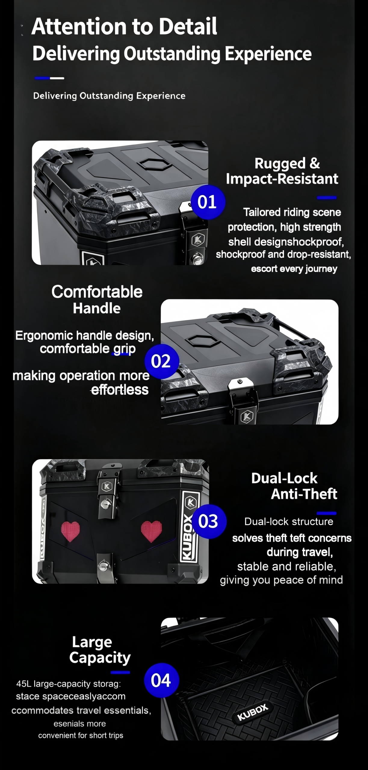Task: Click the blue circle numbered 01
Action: tap(208, 202)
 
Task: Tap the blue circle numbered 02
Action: tap(162, 361)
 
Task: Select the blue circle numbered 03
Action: tap(209, 521)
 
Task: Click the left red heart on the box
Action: tap(70, 531)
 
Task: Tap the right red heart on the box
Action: tap(151, 531)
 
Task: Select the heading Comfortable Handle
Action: tap(97, 300)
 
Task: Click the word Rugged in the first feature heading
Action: tap(280, 164)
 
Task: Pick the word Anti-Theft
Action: tap(304, 494)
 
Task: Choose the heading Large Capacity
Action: tap(100, 650)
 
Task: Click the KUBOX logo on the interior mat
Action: tap(252, 713)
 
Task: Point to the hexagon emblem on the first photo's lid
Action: tap(155, 165)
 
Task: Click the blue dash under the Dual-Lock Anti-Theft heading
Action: tap(326, 513)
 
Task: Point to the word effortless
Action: tap(120, 390)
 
